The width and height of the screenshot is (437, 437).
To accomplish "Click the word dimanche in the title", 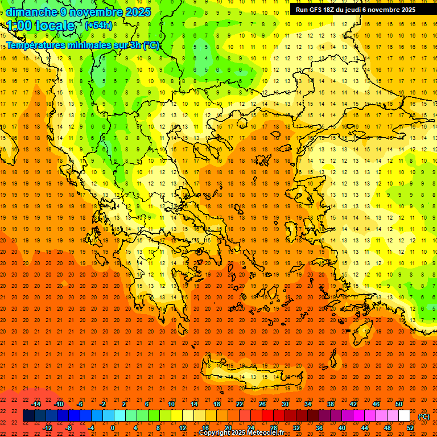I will (31, 12).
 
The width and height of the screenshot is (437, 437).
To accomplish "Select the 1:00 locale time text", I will (41, 26).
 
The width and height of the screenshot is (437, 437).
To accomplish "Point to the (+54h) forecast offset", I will (98, 26).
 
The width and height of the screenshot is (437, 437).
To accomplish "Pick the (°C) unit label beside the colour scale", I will (424, 417).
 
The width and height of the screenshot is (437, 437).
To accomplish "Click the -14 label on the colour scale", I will (36, 404).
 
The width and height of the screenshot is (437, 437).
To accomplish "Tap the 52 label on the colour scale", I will (410, 428).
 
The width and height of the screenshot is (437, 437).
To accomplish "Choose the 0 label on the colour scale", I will (113, 428).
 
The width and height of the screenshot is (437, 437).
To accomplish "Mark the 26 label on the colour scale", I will (262, 404).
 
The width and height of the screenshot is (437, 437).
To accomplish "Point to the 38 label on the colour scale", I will (330, 404).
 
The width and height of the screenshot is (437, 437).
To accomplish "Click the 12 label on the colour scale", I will (182, 428).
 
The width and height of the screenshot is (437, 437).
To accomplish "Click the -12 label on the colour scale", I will (48, 428).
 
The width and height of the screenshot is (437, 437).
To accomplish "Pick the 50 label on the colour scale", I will (399, 404).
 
